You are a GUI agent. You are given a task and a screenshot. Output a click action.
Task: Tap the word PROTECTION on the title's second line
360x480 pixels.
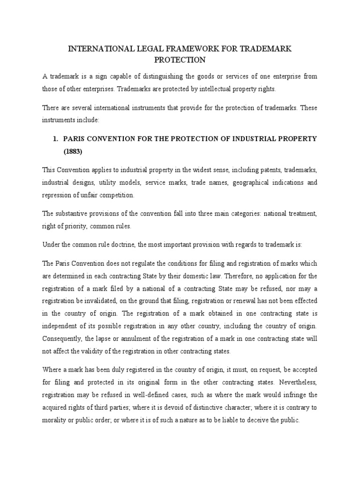coord(180,60)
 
